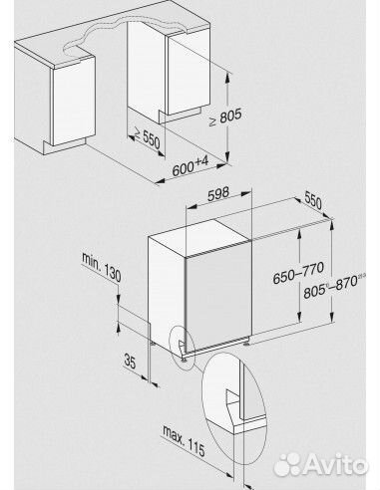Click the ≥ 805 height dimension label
tap(225, 118)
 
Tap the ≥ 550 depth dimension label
tap(146, 138)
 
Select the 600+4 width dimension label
tap(190, 166)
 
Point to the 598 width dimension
tap(218, 194)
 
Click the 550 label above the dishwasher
tap(313, 200)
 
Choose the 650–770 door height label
tap(298, 272)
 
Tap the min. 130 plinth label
tap(102, 268)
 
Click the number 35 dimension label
tap(130, 361)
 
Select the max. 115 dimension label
tap(184, 440)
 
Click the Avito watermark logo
tap(320, 464)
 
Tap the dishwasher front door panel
tap(218, 296)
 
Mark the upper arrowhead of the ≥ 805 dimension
tap(227, 77)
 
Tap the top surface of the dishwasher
tap(199, 237)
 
